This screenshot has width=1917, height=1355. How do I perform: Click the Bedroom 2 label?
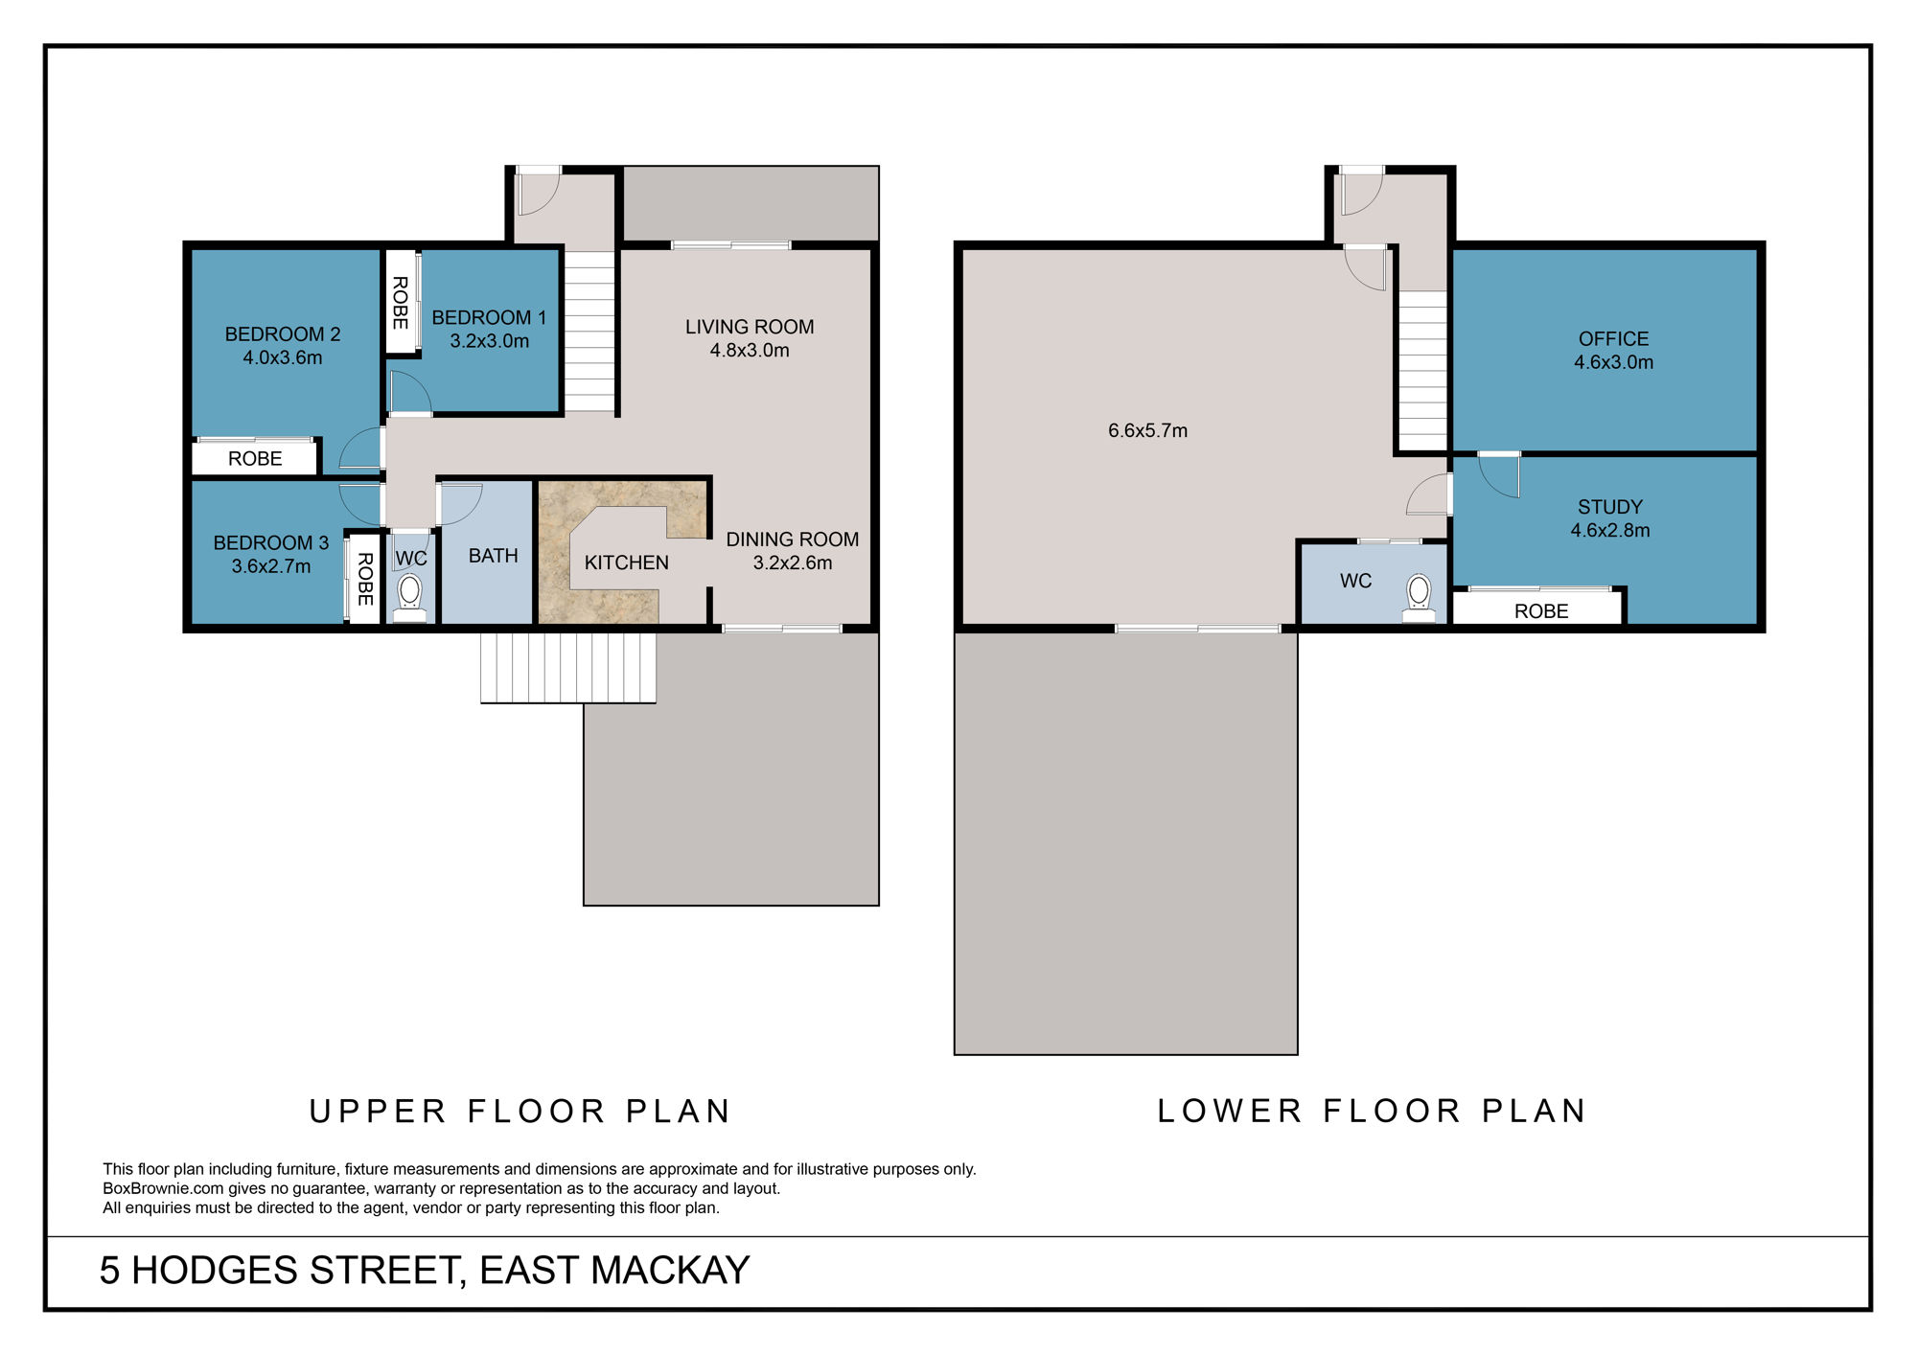click(282, 334)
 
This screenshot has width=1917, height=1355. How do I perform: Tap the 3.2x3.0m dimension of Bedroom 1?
click(489, 341)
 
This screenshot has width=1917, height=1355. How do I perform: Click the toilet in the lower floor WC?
click(1419, 596)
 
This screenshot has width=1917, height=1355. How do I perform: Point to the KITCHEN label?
click(626, 563)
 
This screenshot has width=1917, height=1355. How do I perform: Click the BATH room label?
click(493, 556)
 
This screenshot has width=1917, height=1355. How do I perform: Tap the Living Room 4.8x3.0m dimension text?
click(749, 351)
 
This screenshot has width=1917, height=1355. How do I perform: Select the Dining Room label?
click(792, 540)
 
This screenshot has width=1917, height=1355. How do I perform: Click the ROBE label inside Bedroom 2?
click(255, 459)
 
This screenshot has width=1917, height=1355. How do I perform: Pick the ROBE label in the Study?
click(1540, 611)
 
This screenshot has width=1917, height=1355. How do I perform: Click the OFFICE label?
click(1613, 339)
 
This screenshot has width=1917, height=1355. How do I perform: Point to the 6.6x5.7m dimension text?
click(1147, 431)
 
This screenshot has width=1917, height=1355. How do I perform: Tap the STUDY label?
click(1609, 507)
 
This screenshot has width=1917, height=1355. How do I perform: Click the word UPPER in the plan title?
click(378, 1112)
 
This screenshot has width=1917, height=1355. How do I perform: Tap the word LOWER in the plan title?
click(1230, 1111)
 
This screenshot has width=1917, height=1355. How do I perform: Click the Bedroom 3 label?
click(270, 543)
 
